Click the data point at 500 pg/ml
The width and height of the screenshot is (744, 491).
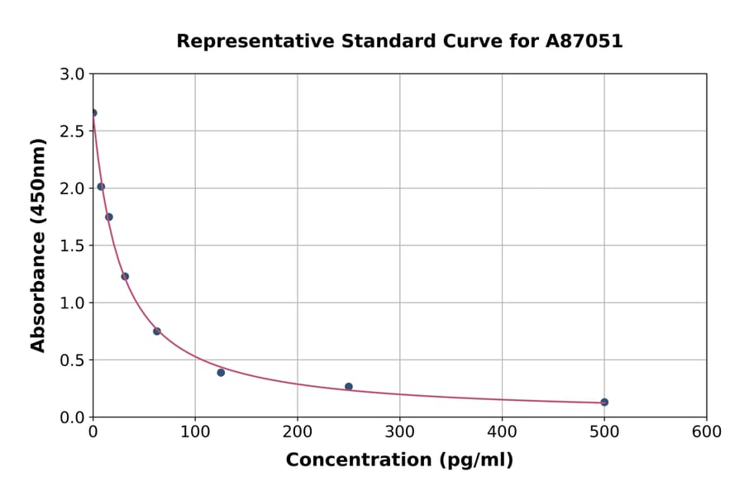pos(604,402)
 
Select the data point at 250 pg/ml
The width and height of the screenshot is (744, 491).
pos(349,386)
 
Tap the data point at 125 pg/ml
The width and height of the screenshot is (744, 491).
pos(221,372)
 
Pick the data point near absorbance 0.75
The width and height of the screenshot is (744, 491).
pos(157,331)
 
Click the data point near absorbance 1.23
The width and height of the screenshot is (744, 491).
pos(125,276)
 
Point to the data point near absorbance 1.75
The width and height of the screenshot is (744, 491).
pos(109,217)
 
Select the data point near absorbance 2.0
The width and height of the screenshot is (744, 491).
pos(101,186)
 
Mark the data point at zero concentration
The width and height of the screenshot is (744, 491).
pos(93,112)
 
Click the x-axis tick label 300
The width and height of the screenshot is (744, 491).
pos(399,431)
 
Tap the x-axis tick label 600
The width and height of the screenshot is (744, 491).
pos(706,431)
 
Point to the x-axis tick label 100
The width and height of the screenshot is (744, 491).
pos(195,431)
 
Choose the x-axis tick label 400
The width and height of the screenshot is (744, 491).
pos(502,431)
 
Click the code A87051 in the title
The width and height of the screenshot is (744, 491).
pos(584,41)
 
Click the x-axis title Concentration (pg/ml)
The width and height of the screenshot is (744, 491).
pos(399,460)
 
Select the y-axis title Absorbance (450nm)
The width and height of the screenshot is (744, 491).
pos(38,245)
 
